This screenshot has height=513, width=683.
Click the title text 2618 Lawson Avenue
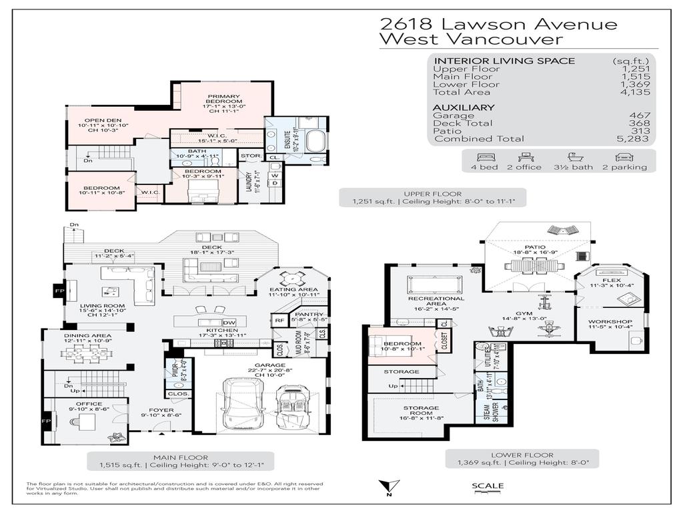coord(498,24)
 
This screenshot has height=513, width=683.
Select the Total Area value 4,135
coord(635,92)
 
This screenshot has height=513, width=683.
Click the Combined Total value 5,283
coord(635,139)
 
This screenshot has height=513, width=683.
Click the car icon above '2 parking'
coord(624,156)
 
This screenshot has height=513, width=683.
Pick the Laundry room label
coord(248,183)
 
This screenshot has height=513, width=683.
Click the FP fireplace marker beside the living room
coord(57,291)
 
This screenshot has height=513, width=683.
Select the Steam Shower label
coord(486,412)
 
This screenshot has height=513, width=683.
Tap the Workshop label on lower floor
coord(608,323)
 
